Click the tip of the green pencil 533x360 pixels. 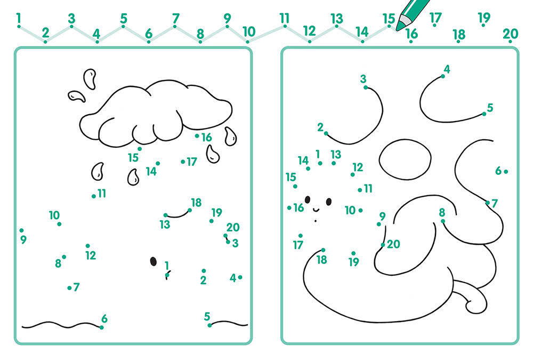click(x=397, y=29)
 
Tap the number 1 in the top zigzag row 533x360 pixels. click(x=18, y=18)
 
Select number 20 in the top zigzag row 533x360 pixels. click(x=510, y=34)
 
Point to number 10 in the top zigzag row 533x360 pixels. click(x=249, y=31)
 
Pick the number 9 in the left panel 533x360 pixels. click(x=23, y=239)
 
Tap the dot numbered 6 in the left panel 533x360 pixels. click(x=102, y=327)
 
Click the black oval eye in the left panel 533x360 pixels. click(x=154, y=261)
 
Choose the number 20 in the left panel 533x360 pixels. click(x=233, y=227)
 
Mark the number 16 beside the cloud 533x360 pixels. click(x=206, y=137)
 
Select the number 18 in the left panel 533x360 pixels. click(x=196, y=203)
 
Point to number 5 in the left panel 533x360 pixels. click(x=207, y=316)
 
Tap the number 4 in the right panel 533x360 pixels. click(x=447, y=69)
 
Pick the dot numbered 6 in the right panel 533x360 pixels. click(x=506, y=172)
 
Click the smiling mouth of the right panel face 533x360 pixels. click(x=316, y=209)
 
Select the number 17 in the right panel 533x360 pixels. click(x=298, y=245)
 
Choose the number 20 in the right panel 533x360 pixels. click(x=393, y=244)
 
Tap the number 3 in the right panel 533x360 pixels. click(x=363, y=79)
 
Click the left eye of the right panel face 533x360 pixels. click(x=308, y=200)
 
